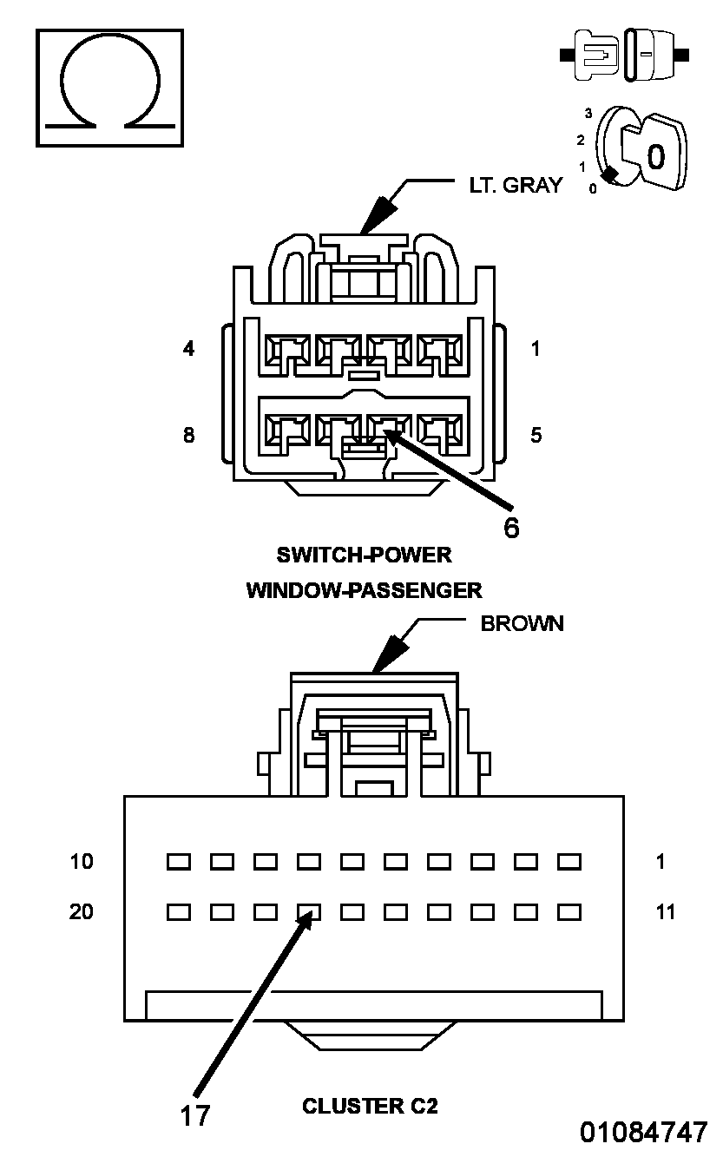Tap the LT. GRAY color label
pos(516,186)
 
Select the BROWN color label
pos(523,624)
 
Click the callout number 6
pos(511,528)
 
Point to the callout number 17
pos(195,1115)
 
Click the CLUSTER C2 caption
pos(370,1106)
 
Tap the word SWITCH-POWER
pos(364,555)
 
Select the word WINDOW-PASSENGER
pos(364,590)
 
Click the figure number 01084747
pos(643,1132)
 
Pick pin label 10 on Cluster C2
pos(82,862)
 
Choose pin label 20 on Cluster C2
pos(82,911)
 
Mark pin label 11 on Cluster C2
pos(665,912)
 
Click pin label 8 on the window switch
pos(189,435)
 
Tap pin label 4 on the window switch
pos(189,349)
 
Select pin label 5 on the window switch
pos(536,435)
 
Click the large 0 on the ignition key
pos(656,156)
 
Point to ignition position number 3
pos(588,113)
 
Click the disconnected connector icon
pos(624,56)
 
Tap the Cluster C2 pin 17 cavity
pos(309,912)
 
